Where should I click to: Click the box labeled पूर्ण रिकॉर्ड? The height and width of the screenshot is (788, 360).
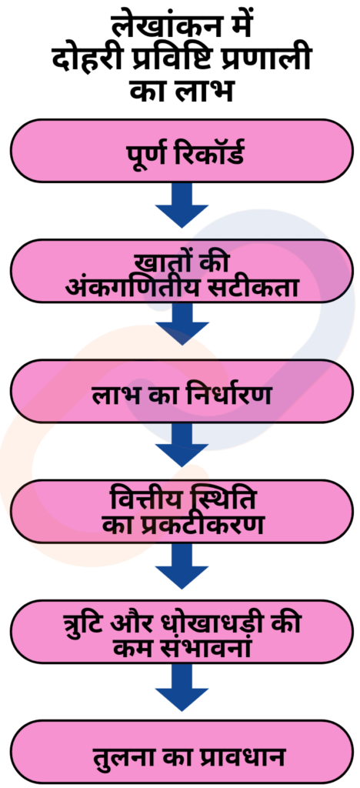point(182,151)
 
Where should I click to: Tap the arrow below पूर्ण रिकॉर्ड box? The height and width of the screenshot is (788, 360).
point(182,205)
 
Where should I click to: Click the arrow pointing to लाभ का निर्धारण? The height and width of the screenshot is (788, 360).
point(182,324)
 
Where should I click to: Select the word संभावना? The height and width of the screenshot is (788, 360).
point(210,646)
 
